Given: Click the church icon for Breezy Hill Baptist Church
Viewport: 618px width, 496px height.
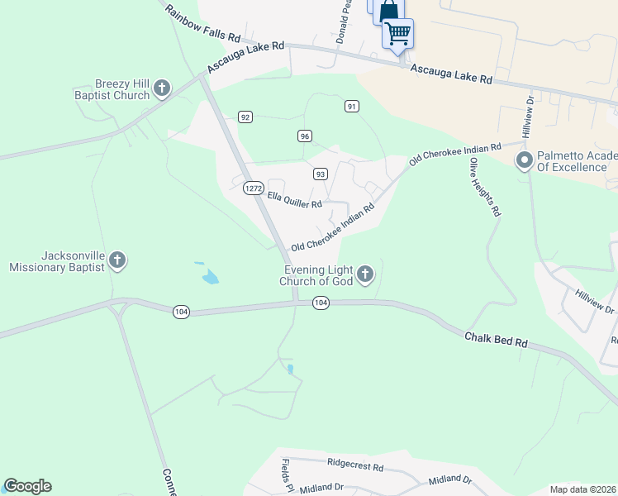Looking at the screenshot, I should [x=162, y=88].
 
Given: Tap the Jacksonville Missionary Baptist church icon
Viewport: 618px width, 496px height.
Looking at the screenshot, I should [x=117, y=261].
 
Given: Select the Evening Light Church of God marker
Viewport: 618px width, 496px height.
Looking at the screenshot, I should [x=365, y=274].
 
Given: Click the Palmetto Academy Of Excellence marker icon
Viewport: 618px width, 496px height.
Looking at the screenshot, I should [x=523, y=160].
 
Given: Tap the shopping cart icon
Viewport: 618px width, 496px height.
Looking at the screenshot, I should [x=398, y=34].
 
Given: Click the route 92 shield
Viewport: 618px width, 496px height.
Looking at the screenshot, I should [x=245, y=117].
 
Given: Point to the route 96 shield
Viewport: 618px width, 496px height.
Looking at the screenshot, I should [x=305, y=136].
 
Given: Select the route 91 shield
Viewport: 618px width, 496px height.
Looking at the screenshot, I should [x=352, y=106].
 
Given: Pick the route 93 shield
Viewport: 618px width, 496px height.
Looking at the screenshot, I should [x=321, y=174].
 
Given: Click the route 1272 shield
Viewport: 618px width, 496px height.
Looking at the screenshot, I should [x=254, y=188].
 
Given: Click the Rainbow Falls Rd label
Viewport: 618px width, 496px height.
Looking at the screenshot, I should [x=202, y=23].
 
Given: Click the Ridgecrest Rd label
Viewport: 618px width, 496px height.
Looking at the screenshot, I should [x=355, y=467].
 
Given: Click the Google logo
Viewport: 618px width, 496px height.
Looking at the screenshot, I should [x=27, y=486].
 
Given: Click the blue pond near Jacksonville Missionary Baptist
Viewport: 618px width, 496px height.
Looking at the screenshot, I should [x=210, y=275].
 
